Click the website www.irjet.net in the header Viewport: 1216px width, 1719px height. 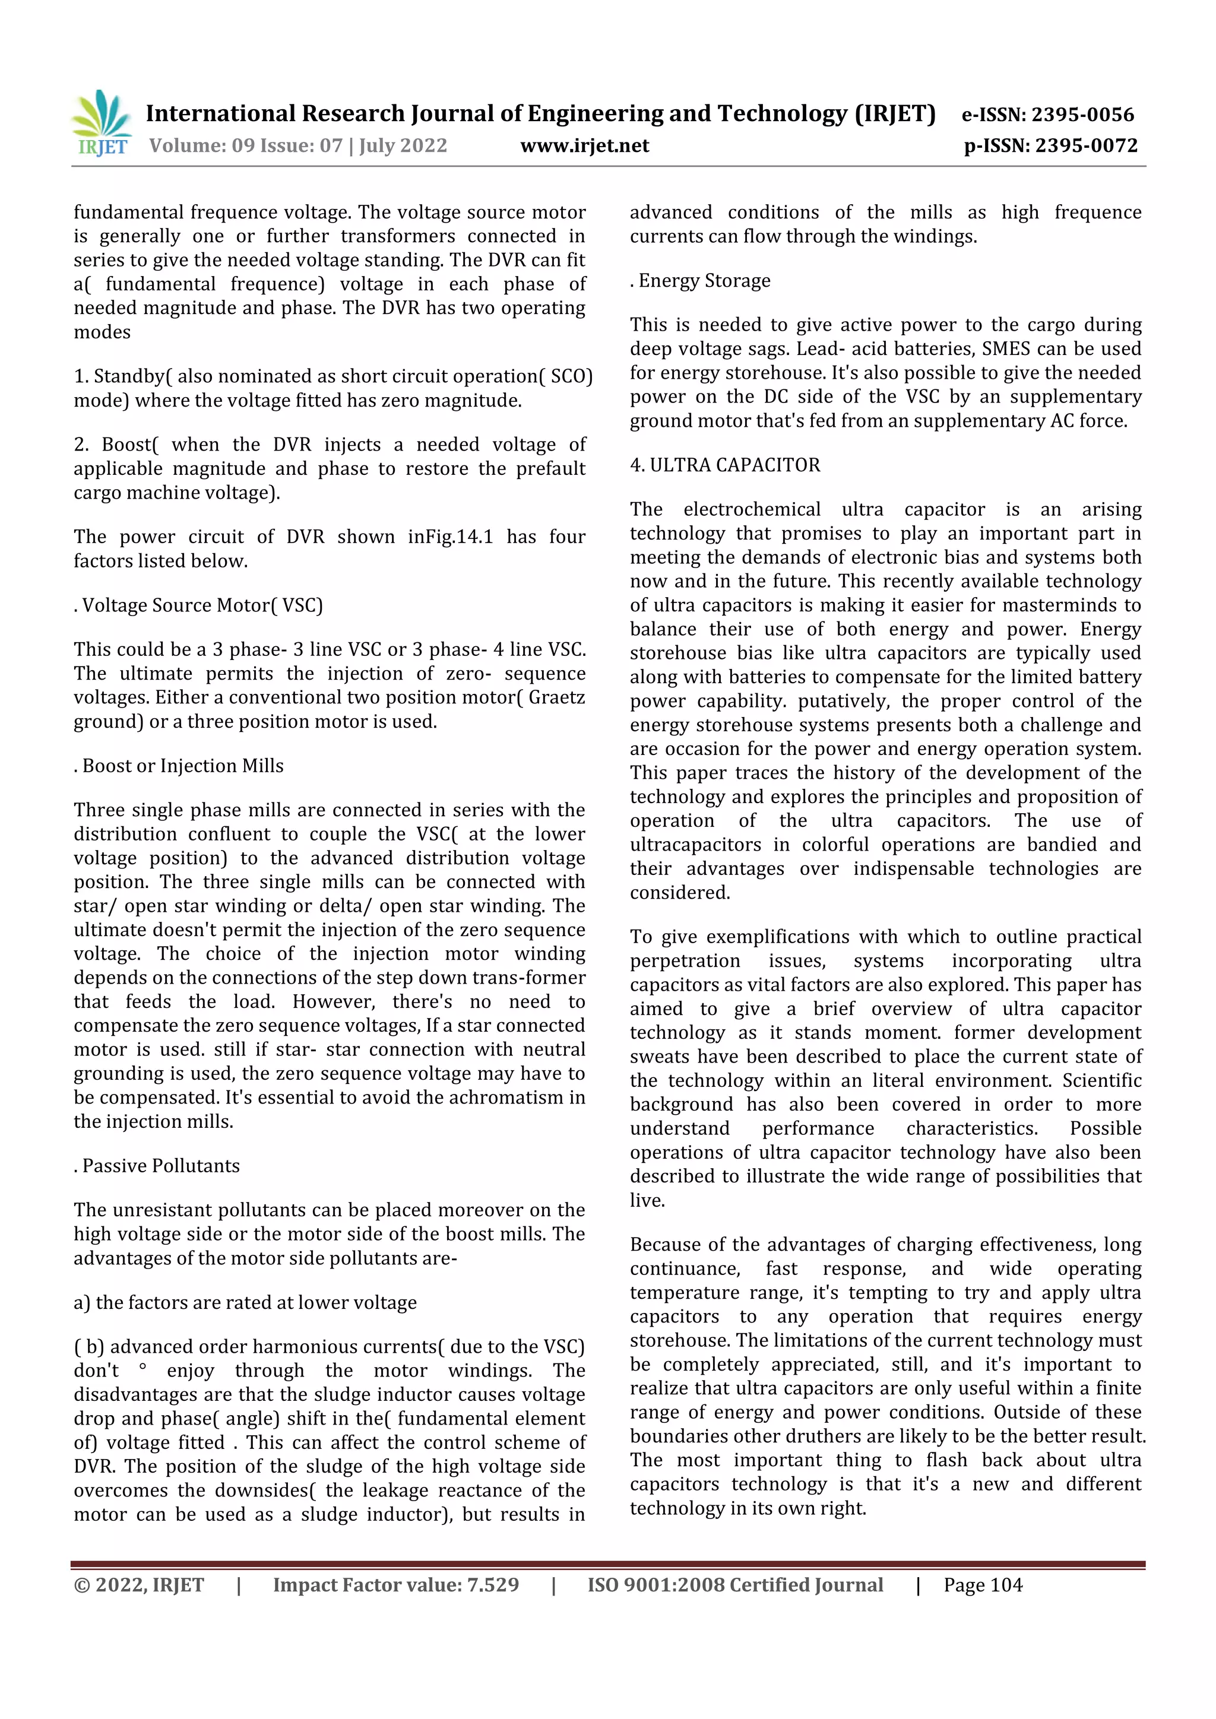coord(584,145)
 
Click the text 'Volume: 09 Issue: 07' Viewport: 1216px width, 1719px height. coord(246,145)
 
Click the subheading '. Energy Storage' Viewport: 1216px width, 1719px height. coord(699,281)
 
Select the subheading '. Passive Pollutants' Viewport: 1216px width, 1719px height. coord(157,1166)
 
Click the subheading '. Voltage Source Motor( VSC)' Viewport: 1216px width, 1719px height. coord(198,605)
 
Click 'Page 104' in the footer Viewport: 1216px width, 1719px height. coord(983,1585)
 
